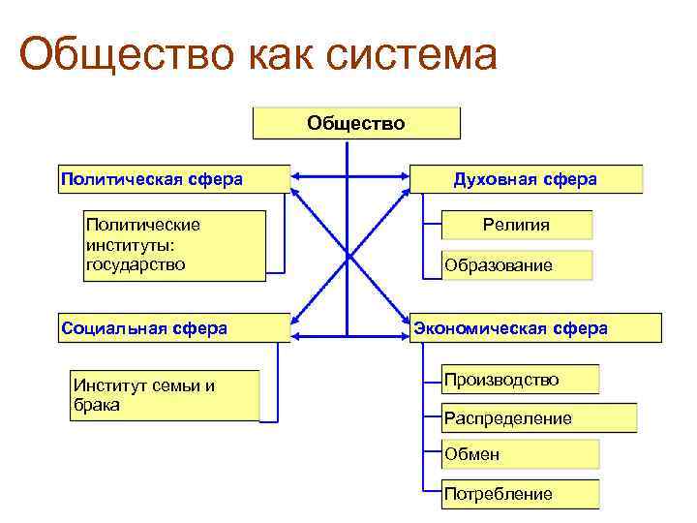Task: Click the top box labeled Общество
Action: point(356,123)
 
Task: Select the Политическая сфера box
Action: point(174,179)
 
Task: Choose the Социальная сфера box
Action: point(174,328)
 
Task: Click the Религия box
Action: point(517,225)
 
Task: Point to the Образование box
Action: point(517,264)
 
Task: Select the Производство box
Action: point(521,380)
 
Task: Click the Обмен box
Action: point(521,454)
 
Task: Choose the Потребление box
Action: point(521,494)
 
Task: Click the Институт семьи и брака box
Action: point(166,395)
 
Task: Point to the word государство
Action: point(136,263)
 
